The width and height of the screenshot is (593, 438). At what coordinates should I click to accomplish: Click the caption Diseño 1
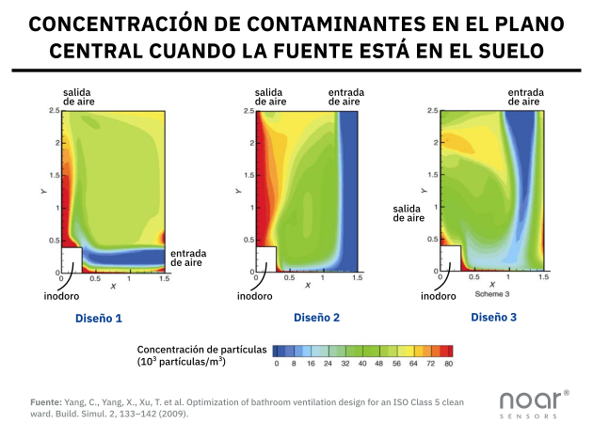[99, 319]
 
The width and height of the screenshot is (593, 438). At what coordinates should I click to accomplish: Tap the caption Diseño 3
[493, 318]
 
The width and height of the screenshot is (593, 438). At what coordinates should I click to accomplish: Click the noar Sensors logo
[533, 402]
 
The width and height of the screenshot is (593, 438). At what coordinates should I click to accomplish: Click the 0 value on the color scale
[276, 362]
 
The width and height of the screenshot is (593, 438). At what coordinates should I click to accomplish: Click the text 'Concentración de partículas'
[202, 349]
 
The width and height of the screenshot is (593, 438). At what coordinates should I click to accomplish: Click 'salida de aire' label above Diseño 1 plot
[78, 96]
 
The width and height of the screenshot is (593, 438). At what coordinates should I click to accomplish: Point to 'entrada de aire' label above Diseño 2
[347, 96]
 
